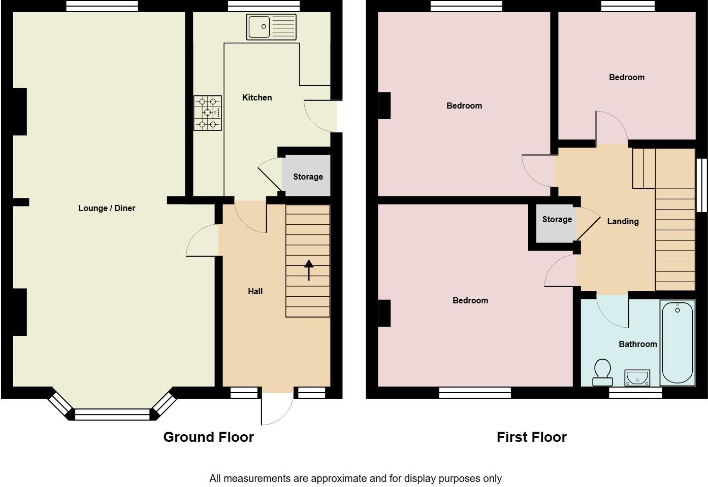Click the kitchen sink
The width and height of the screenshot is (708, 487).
pyautogui.click(x=271, y=26)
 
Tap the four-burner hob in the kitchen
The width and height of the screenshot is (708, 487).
pyautogui.click(x=207, y=113)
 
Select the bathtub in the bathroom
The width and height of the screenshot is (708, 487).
pyautogui.click(x=677, y=342)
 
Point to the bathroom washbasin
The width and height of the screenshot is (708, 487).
pyautogui.click(x=636, y=378)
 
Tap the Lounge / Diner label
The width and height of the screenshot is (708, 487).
pyautogui.click(x=107, y=208)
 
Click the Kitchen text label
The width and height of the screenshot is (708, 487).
pyautogui.click(x=257, y=97)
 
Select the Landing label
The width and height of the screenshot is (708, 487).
pyautogui.click(x=623, y=221)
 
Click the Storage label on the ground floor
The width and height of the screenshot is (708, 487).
pyautogui.click(x=308, y=177)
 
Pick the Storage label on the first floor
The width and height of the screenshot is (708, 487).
pyautogui.click(x=557, y=219)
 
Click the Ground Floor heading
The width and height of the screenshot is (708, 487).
pyautogui.click(x=208, y=437)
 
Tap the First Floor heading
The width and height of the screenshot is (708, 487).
pyautogui.click(x=531, y=437)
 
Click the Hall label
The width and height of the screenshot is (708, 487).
pyautogui.click(x=255, y=291)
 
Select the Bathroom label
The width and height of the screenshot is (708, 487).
pyautogui.click(x=637, y=344)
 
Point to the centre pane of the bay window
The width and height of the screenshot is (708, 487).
pyautogui.click(x=112, y=414)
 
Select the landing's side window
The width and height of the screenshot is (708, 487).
pyautogui.click(x=701, y=185)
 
